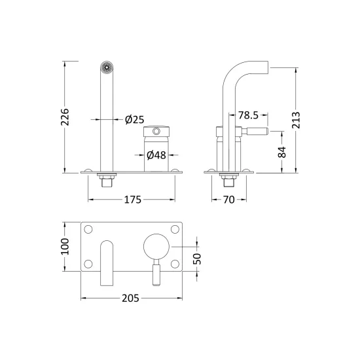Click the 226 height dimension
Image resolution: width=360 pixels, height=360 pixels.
tap(65, 117)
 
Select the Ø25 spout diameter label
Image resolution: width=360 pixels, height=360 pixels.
tap(135, 120)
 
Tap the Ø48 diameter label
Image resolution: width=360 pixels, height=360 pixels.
tap(156, 155)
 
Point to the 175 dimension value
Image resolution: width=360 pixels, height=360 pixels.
tap(132, 200)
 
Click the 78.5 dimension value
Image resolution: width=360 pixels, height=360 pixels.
tap(248, 115)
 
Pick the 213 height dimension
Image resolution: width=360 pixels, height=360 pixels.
tap(296, 120)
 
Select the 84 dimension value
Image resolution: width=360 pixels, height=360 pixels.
tap(282, 152)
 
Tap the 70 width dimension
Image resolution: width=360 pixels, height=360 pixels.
tap(229, 200)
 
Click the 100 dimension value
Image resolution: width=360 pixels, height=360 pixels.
tap(65, 246)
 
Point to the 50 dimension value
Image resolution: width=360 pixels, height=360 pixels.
tap(197, 259)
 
